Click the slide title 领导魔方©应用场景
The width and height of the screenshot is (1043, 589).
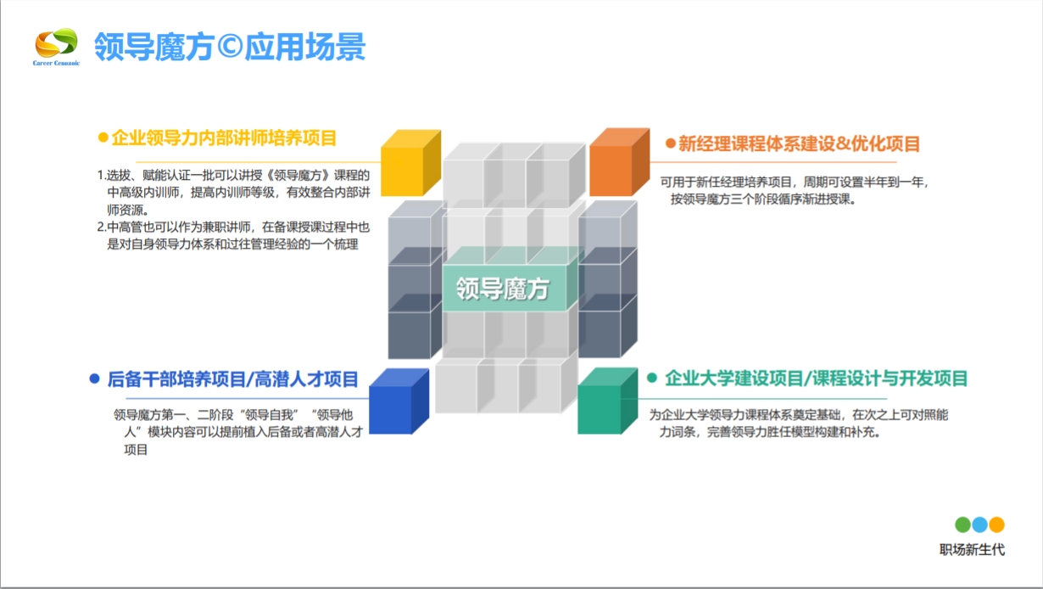tap(230, 47)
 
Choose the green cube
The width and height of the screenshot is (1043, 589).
tap(607, 403)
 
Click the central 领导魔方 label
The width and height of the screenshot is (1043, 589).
tap(503, 289)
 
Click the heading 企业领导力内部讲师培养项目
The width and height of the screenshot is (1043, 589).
tap(225, 137)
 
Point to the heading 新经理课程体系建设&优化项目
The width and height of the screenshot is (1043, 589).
tap(799, 144)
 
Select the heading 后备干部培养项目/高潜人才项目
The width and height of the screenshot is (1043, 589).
tap(233, 379)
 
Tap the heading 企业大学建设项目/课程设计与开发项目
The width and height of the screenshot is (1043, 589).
tap(817, 379)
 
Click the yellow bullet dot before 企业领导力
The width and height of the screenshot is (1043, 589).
tap(103, 137)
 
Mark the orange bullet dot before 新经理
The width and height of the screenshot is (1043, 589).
tap(670, 144)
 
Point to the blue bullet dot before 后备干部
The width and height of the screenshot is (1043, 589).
tap(94, 379)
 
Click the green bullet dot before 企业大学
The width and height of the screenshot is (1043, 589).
tap(652, 379)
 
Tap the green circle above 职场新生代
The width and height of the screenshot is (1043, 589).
tap(962, 524)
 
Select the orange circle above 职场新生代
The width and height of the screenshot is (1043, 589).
tap(996, 524)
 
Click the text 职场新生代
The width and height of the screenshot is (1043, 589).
tap(972, 550)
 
